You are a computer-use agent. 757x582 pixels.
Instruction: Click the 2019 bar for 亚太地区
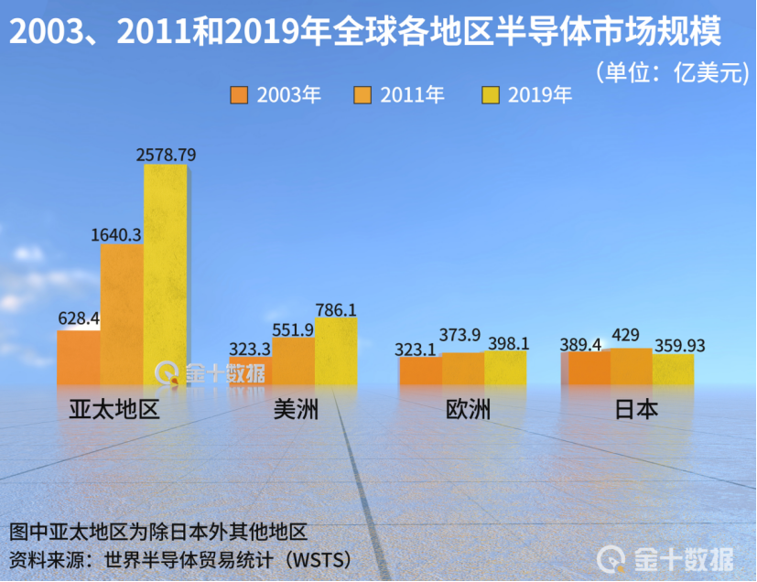[x=165, y=275]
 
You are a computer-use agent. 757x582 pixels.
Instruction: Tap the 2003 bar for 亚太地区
[x=79, y=357]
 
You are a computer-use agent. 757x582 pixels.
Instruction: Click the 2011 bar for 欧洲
[x=463, y=369]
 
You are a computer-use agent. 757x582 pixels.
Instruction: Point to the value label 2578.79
[x=166, y=155]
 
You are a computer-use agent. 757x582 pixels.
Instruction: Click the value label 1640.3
[x=115, y=235]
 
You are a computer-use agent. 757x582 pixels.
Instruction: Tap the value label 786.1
[x=336, y=309]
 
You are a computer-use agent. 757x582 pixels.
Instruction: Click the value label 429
[x=626, y=335]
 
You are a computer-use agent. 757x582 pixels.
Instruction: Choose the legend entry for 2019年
[x=527, y=94]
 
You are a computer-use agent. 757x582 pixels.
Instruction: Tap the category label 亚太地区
[x=114, y=409]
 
